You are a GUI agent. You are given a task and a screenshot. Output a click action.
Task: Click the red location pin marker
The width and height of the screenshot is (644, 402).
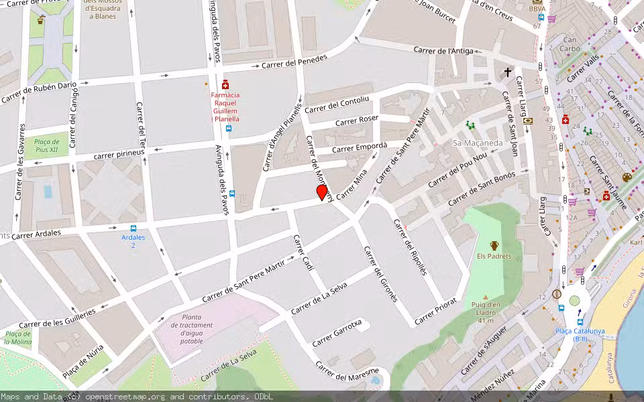pyautogui.click(x=322, y=192)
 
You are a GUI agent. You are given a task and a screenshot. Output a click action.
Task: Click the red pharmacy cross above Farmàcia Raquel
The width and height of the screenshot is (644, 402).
pyautogui.click(x=225, y=84)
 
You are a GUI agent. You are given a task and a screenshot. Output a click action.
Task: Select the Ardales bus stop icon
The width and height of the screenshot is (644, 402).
pyautogui.click(x=133, y=228)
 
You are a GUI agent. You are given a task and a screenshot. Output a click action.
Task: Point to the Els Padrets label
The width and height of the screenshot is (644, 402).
pyautogui.click(x=494, y=256)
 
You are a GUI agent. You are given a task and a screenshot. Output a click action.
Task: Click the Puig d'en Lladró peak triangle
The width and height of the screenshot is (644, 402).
pyautogui.click(x=486, y=297)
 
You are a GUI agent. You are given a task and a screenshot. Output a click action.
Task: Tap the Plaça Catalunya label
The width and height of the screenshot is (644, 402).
pyautogui.click(x=580, y=331)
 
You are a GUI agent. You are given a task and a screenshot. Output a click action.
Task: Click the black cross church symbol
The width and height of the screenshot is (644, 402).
pyautogui.click(x=508, y=72)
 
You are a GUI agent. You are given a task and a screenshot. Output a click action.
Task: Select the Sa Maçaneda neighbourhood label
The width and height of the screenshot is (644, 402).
pyautogui.click(x=478, y=143)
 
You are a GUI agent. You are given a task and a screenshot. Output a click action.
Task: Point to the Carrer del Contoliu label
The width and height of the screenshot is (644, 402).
pyautogui.click(x=337, y=105)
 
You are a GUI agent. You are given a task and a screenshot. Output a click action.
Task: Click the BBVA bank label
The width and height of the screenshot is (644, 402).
pyautogui.click(x=537, y=9)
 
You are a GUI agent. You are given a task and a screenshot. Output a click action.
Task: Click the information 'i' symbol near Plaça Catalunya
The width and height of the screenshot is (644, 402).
pyautogui.click(x=556, y=294)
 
